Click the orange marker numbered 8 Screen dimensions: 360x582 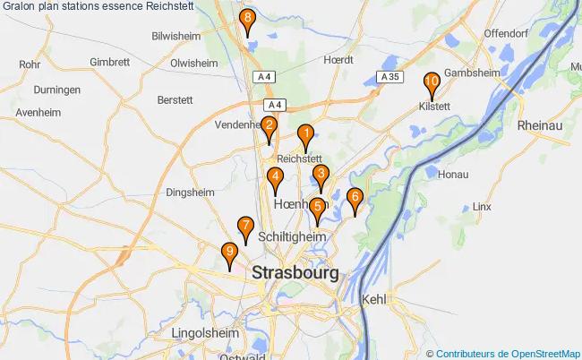pyautogui.click(x=247, y=20)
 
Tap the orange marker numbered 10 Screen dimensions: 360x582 pyautogui.click(x=431, y=83)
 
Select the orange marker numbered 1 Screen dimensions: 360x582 pyautogui.click(x=304, y=136)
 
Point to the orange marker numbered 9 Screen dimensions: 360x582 pyautogui.click(x=230, y=254)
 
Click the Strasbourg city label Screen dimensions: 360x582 pyautogui.click(x=295, y=272)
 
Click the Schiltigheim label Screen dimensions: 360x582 pyautogui.click(x=291, y=236)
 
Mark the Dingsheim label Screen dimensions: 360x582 pyautogui.click(x=190, y=192)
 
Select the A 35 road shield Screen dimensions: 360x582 pyautogui.click(x=389, y=78)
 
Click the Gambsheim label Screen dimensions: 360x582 pyautogui.click(x=470, y=73)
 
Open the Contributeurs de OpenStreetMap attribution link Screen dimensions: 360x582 pyautogui.click(x=507, y=353)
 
